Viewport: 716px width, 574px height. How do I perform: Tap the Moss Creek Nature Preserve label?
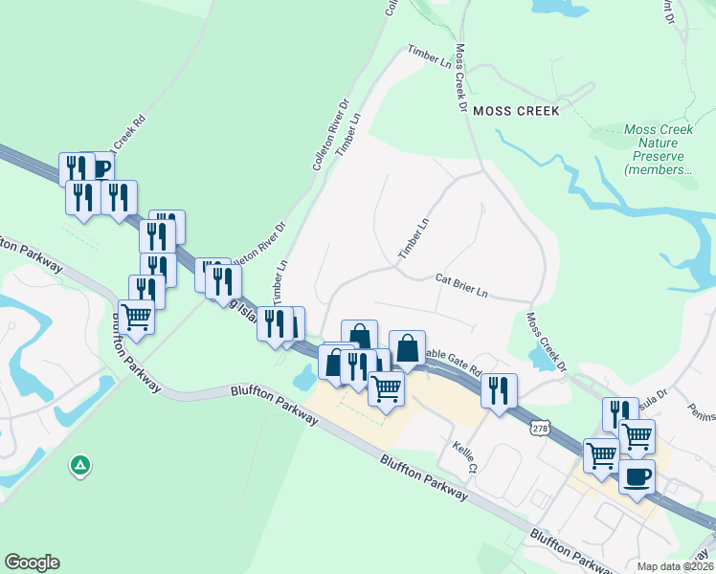click(659, 149)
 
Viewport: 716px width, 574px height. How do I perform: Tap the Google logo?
click(32, 563)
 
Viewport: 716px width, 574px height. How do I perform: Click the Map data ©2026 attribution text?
click(676, 566)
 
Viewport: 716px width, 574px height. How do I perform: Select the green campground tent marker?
click(81, 466)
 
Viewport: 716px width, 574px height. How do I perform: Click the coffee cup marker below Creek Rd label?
click(101, 168)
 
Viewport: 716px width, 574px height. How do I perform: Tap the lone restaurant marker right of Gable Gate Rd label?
click(499, 389)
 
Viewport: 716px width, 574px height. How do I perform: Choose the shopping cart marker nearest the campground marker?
click(137, 315)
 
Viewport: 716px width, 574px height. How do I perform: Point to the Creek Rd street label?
click(129, 134)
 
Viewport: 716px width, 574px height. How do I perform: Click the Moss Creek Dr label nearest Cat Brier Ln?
click(546, 342)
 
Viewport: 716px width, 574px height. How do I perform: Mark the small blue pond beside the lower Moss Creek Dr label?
click(538, 360)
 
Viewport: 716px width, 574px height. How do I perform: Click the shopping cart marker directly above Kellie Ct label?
click(386, 387)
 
